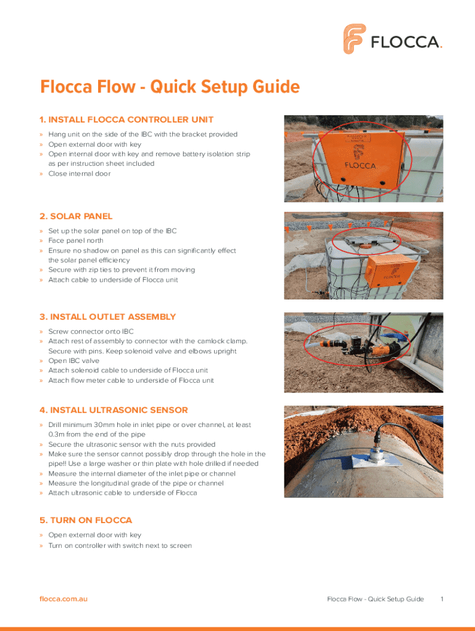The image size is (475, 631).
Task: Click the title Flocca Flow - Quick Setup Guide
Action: coord(170,88)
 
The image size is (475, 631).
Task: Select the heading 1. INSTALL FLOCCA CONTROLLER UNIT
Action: coord(126,119)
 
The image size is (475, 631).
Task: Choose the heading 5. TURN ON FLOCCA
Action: coord(86,520)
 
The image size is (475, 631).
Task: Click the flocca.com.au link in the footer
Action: coord(64,599)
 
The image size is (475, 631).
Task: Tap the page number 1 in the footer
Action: coord(442,599)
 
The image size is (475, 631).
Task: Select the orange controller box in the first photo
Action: coord(358,157)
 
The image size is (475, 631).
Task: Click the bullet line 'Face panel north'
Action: coord(76,241)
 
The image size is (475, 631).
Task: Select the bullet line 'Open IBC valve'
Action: coord(73,360)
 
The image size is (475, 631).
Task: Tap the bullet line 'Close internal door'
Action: coord(79,174)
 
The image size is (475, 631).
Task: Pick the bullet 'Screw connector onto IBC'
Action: coord(91,332)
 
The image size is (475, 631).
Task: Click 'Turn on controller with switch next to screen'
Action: coord(120,545)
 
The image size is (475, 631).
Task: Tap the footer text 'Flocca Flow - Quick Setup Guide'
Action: coord(375,599)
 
